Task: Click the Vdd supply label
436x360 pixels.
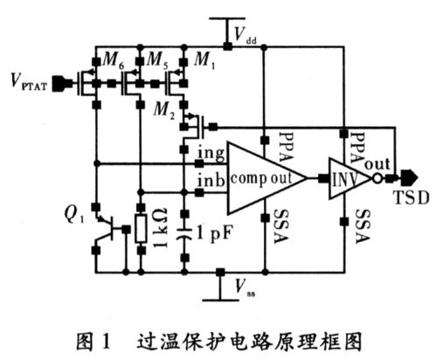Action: (245, 37)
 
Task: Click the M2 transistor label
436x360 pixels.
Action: (167, 108)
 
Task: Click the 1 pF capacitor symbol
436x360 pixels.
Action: (183, 233)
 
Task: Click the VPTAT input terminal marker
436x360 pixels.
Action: (62, 84)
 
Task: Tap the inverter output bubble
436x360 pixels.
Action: (377, 178)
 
